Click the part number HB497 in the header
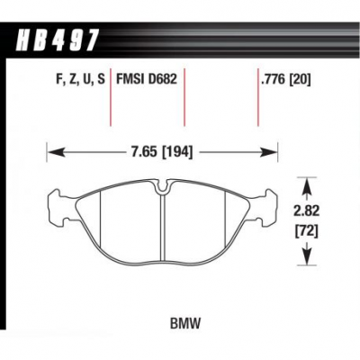pyautogui.click(x=57, y=40)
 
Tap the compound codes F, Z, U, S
pyautogui.click(x=80, y=80)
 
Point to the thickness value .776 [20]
pyautogui.click(x=286, y=80)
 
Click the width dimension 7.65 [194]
pyautogui.click(x=162, y=153)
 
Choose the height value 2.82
pyautogui.click(x=307, y=211)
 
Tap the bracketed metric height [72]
pyautogui.click(x=307, y=230)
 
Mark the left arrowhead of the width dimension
pyautogui.click(x=56, y=152)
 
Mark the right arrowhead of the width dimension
pyautogui.click(x=268, y=152)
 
